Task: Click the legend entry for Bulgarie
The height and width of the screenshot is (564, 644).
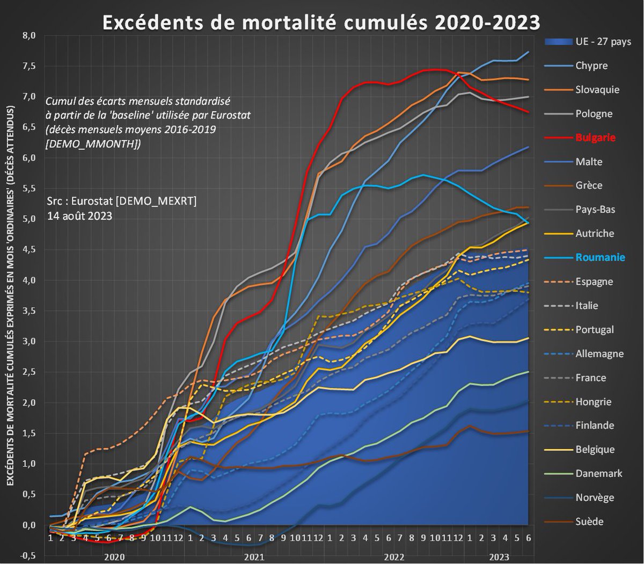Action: tap(595, 138)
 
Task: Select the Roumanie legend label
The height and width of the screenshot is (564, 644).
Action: tap(601, 257)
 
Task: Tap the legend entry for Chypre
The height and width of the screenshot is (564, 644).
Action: tap(591, 66)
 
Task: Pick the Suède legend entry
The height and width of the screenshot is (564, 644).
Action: tap(589, 521)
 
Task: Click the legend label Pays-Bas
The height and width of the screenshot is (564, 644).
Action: tap(595, 209)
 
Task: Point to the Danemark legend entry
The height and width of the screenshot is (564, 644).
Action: tap(599, 473)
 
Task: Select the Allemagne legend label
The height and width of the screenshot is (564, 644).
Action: tap(599, 353)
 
